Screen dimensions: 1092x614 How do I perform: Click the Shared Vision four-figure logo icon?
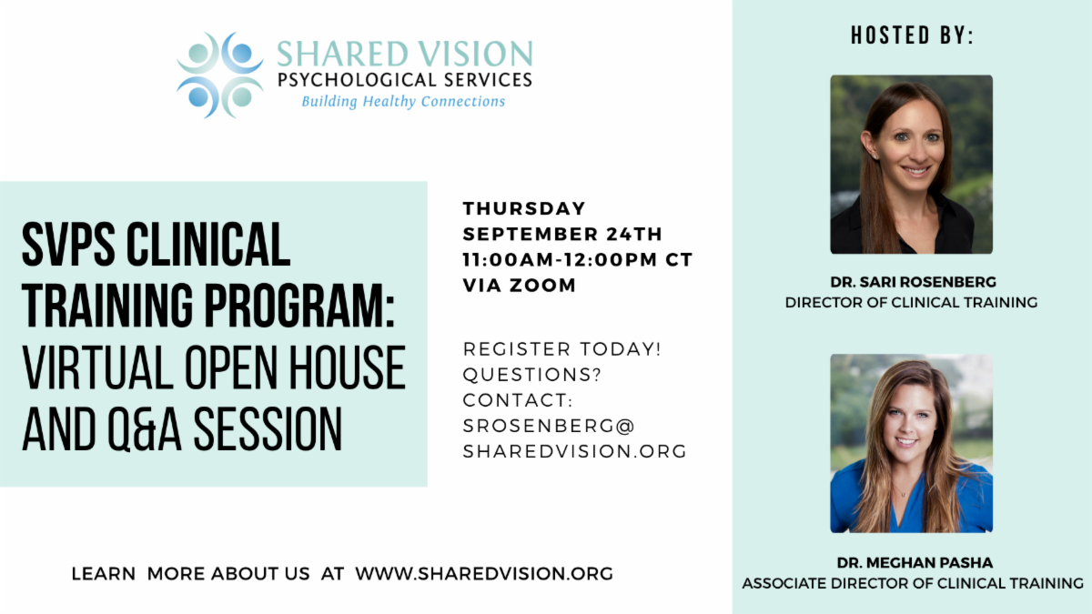[x=220, y=75]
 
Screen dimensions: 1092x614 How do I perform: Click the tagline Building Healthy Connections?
[x=403, y=102]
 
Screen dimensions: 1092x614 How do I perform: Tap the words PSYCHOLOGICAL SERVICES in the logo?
[x=405, y=80]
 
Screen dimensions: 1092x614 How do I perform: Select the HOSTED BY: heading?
[x=912, y=35]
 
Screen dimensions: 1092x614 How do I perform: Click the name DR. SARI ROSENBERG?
[x=913, y=282]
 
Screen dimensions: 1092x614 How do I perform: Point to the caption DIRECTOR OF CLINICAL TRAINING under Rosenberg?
[x=911, y=303]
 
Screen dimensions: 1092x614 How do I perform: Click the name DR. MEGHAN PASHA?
[x=915, y=563]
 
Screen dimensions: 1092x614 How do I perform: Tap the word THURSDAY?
[x=524, y=208]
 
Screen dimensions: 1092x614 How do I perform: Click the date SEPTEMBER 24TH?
[x=562, y=234]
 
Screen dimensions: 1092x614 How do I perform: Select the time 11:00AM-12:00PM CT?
[x=578, y=260]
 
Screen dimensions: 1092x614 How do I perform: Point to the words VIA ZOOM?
[x=520, y=285]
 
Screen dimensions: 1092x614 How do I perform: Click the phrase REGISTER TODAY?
[x=561, y=349]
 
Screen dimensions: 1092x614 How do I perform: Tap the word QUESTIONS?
[x=532, y=375]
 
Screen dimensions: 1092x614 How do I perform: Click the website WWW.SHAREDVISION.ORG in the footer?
[x=484, y=574]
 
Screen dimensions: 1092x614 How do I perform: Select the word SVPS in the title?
[x=68, y=244]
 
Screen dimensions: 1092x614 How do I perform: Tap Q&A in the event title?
[x=145, y=428]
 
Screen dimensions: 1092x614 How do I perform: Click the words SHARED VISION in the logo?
[x=405, y=54]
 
